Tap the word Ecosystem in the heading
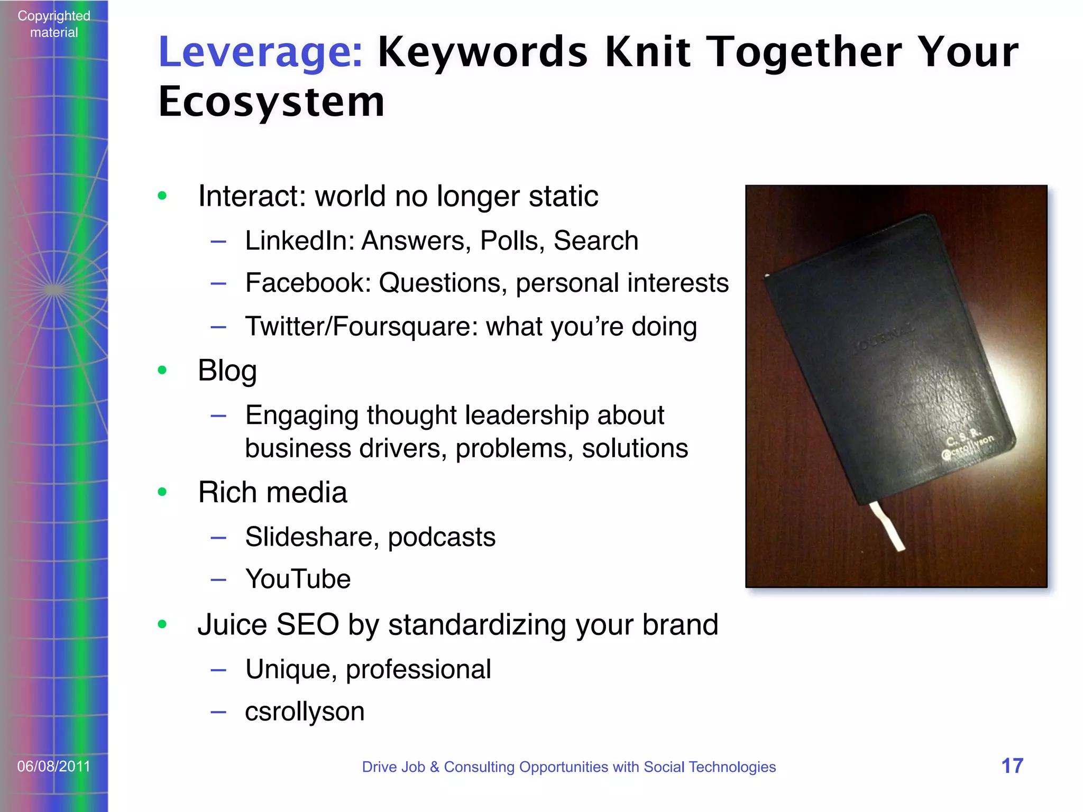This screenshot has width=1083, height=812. [x=271, y=101]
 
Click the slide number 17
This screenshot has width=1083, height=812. [x=1012, y=766]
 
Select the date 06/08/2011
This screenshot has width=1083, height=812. [x=54, y=766]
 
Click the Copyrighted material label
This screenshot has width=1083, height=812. [x=54, y=24]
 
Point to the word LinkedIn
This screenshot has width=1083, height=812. [x=299, y=241]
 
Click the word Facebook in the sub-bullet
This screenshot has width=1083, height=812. [x=308, y=283]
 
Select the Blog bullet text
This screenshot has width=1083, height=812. [x=227, y=370]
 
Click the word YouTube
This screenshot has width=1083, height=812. [x=298, y=579]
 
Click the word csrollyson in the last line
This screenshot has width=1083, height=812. [x=305, y=712]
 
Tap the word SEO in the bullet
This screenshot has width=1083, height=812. [x=307, y=625]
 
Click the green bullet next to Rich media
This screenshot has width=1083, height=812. [x=162, y=493]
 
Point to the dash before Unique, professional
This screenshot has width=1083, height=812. [x=218, y=670]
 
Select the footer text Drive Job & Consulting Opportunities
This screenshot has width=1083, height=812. [x=568, y=767]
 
